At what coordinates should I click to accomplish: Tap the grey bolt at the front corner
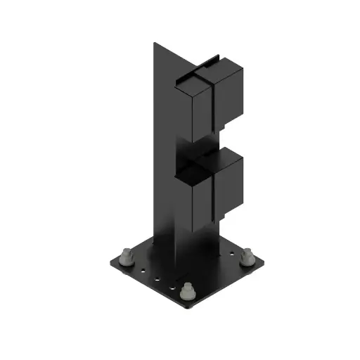click(x=187, y=290)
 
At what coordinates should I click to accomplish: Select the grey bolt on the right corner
click(x=247, y=257)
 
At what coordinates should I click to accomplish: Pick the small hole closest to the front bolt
click(x=173, y=286)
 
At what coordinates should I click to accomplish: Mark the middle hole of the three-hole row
click(x=157, y=278)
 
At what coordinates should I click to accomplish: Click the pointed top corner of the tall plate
click(x=153, y=43)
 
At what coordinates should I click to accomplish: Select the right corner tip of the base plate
click(x=265, y=264)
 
